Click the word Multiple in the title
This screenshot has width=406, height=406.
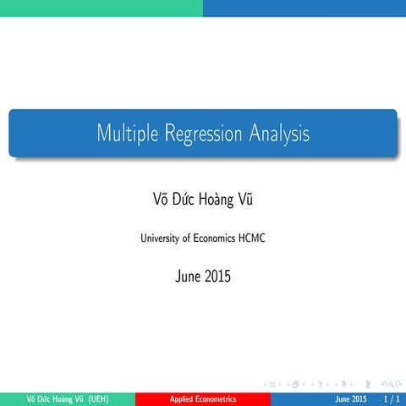pos(123,133)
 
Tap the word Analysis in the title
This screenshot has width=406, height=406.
pos(279,133)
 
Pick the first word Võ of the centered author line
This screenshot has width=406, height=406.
pos(158,199)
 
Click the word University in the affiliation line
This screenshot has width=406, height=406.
pos(161,239)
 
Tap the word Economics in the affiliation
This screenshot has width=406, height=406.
pos(216,239)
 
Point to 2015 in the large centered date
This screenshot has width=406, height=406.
pos(217,276)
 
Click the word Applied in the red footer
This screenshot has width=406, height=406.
pos(183,398)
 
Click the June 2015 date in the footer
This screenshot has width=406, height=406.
pos(350,398)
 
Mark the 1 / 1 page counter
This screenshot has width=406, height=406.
pos(392,398)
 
